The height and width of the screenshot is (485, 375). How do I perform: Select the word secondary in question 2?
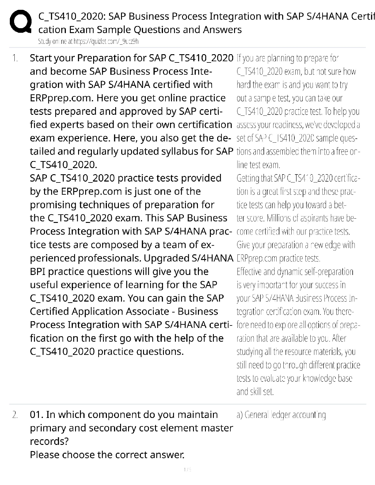pos(102,428)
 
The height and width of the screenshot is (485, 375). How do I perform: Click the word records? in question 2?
pos(49,442)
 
